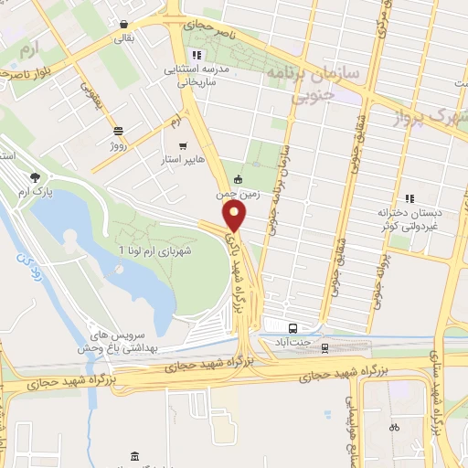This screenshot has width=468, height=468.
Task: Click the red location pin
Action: click(x=235, y=216)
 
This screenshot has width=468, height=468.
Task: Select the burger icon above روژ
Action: click(x=117, y=130)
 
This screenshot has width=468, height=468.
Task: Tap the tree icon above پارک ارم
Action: click(x=35, y=178)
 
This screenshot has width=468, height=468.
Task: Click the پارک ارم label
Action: click(x=35, y=194)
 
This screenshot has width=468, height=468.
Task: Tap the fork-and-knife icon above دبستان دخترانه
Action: click(x=409, y=197)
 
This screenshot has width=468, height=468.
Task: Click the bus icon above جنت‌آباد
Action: click(x=292, y=327)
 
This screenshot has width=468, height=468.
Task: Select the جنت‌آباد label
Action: click(x=292, y=342)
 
